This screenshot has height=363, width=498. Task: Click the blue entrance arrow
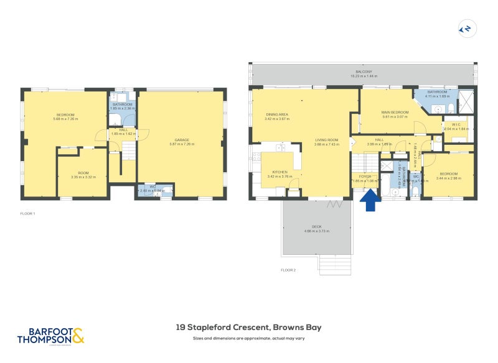point(370,200)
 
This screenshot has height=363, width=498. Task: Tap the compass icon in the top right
point(464,28)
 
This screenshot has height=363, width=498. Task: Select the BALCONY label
point(364,71)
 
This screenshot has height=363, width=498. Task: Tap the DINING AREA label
point(277,114)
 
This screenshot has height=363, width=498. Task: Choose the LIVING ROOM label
point(326,140)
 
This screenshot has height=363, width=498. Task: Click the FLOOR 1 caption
point(27,214)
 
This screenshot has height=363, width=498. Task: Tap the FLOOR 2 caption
point(288,270)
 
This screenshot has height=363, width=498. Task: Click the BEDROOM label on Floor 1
point(65,114)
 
